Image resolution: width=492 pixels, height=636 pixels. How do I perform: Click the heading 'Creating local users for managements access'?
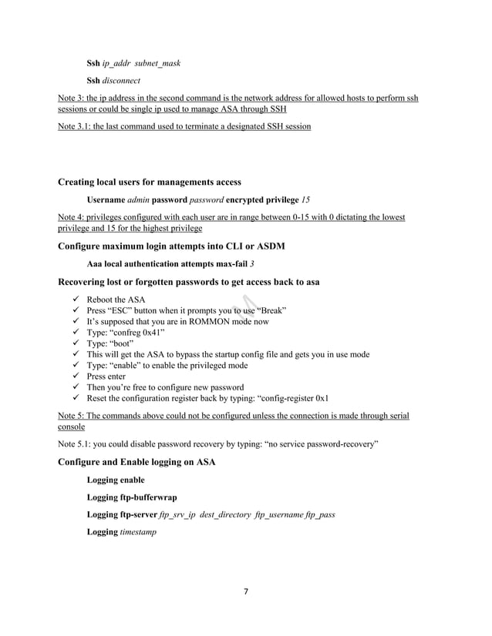(150, 182)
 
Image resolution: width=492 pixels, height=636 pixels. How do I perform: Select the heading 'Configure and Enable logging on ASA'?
(136, 462)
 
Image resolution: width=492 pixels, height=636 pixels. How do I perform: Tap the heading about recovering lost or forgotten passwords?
(189, 282)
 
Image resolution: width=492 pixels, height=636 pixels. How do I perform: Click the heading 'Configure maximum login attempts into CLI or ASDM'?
(168, 246)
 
